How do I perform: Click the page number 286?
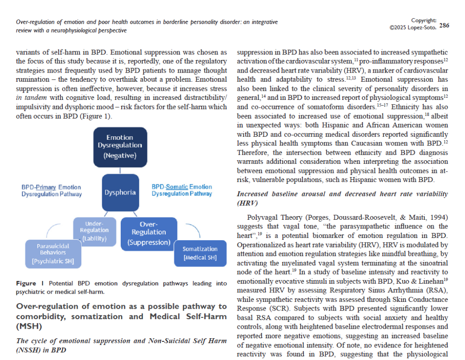(x=444, y=25)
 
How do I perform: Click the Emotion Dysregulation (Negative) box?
(x=120, y=147)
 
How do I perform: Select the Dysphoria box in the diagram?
(x=120, y=192)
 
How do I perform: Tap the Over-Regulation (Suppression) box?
(x=148, y=234)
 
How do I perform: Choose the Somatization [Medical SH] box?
(x=200, y=253)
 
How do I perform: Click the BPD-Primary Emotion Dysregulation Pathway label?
(x=51, y=191)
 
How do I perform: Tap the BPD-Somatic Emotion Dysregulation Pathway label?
(x=182, y=190)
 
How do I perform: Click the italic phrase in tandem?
(x=32, y=97)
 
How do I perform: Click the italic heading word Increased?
(x=254, y=194)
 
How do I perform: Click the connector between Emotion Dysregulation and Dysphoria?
(x=120, y=171)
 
